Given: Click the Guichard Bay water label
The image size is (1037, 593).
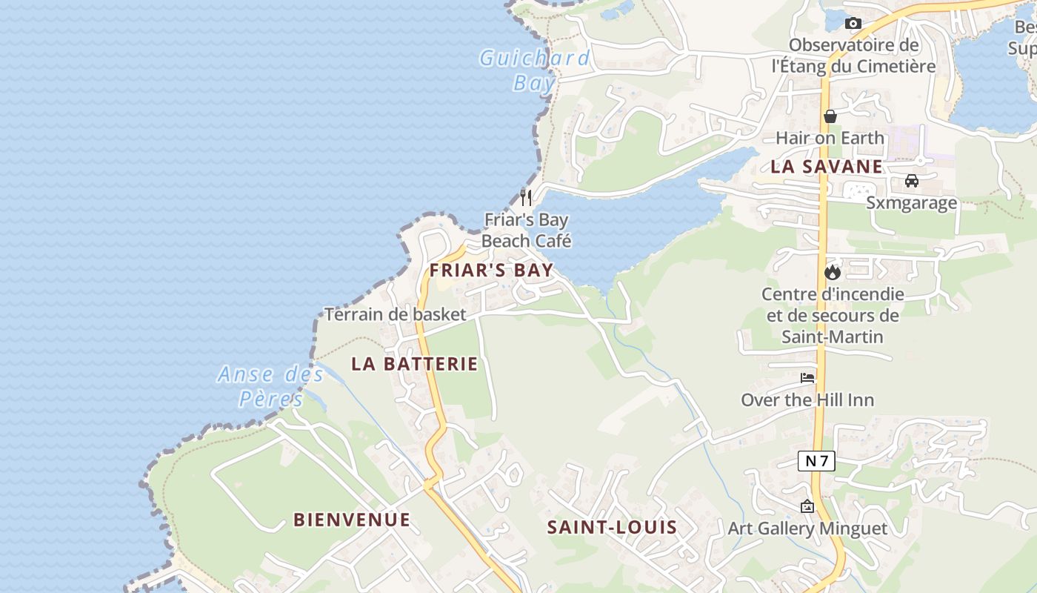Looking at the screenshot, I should coord(535,70).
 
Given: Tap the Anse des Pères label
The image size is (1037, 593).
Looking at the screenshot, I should coord(271,386).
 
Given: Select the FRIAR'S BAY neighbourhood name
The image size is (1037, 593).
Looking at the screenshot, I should coord(492,270).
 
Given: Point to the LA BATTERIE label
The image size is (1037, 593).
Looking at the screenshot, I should coord(415,364).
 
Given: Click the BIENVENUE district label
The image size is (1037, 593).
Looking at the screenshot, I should coord(352,520).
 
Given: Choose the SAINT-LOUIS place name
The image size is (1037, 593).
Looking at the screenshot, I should coord(612,527).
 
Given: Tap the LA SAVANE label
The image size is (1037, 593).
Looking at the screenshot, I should coord(827,166).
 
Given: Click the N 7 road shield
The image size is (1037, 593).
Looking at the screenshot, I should coord(816,461).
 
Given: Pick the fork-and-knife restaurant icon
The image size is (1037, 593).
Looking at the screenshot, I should coord(526,197).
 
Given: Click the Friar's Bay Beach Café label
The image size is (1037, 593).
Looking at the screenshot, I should coord(527,230).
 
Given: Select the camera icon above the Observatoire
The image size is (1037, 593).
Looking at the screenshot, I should coord(853,24).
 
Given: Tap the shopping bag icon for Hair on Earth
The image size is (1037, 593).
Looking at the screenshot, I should coord(830,116).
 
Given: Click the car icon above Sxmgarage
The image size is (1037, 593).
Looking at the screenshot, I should coord(912,181).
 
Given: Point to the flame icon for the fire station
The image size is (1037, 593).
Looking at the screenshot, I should coord(833,272).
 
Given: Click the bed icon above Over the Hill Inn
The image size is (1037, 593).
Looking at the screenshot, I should coord(807,378).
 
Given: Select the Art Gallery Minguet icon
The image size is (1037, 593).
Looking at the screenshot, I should coord(807,506).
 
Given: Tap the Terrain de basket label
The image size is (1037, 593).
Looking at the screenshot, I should coord(396,314).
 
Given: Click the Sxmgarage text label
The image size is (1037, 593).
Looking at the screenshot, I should coord(912,202).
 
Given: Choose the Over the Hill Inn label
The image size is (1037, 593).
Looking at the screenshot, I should coord(807,400).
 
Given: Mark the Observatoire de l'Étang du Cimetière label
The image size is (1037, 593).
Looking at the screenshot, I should coord(853,56).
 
